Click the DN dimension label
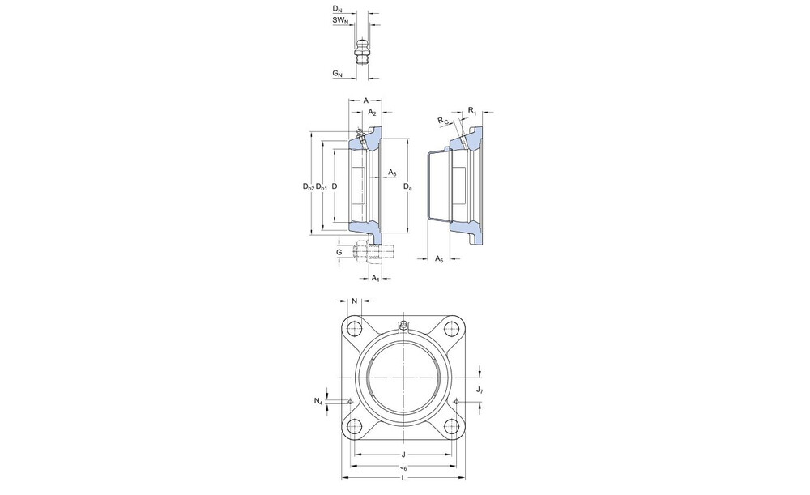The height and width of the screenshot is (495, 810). point(337,9)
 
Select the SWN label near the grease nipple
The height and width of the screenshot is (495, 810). point(340,20)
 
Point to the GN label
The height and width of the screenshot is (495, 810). point(337,74)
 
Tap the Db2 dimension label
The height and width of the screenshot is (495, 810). point(309,186)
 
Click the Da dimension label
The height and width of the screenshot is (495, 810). point(408,186)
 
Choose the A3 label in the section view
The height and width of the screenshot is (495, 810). point(393,172)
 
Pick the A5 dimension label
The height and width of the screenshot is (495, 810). point(439,258)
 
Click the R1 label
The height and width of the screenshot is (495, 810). point(472,110)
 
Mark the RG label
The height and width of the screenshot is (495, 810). point(443,121)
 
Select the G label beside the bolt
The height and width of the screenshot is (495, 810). point(339,252)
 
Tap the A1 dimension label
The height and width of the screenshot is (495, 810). point(376,278)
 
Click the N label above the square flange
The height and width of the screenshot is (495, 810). point(355,301)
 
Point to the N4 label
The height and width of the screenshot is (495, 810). point(318,400)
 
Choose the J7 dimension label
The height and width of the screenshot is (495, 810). point(480,390)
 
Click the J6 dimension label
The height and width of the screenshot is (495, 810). point(404,467)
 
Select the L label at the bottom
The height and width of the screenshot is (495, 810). point(403,477)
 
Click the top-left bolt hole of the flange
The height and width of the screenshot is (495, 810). point(355,327)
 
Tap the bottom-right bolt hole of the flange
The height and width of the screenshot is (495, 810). point(452,426)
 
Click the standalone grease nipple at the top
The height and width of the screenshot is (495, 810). point(362,51)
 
